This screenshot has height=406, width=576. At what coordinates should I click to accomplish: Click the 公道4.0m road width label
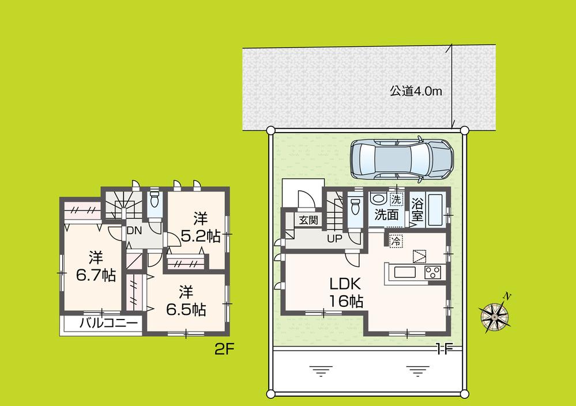click(415, 91)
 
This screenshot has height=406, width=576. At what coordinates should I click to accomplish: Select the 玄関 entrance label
click(304, 219)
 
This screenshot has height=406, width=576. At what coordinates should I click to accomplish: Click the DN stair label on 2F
click(134, 230)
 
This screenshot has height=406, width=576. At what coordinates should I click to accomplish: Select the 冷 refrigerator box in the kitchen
click(396, 238)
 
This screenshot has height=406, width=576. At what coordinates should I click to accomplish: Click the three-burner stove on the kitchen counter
click(433, 273)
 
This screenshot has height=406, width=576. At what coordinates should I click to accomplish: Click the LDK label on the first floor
click(345, 284)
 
